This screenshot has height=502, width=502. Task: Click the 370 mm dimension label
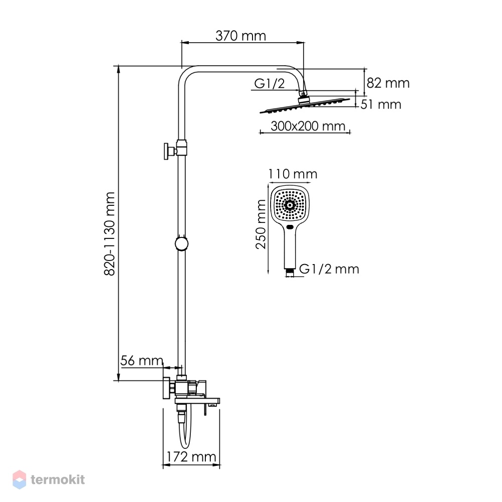pos(240,36)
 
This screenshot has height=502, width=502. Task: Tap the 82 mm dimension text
pos(388,83)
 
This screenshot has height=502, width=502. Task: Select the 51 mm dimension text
pos(381,104)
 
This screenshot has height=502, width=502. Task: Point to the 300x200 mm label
pos(308,126)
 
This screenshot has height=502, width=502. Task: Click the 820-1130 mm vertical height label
pos(110,234)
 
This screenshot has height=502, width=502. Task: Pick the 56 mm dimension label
pos(142,360)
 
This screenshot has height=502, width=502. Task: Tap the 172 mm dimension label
pos(191,456)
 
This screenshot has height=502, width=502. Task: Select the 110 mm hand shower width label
pos(292,174)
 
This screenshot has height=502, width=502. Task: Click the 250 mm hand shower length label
pos(261,224)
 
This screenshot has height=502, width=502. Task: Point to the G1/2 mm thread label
pos(329,269)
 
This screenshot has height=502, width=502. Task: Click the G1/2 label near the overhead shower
pos(269,83)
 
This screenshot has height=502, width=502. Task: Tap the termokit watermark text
pos(58,479)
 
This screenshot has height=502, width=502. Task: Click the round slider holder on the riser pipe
pos(182,243)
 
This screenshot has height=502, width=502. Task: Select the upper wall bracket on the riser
pos(175,150)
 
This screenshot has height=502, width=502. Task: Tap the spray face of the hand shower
pos(290,205)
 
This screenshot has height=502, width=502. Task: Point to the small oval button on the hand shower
pos(290,227)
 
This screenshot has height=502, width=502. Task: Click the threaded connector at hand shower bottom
pos(290,272)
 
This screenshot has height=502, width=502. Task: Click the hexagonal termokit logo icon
pos(19,479)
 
